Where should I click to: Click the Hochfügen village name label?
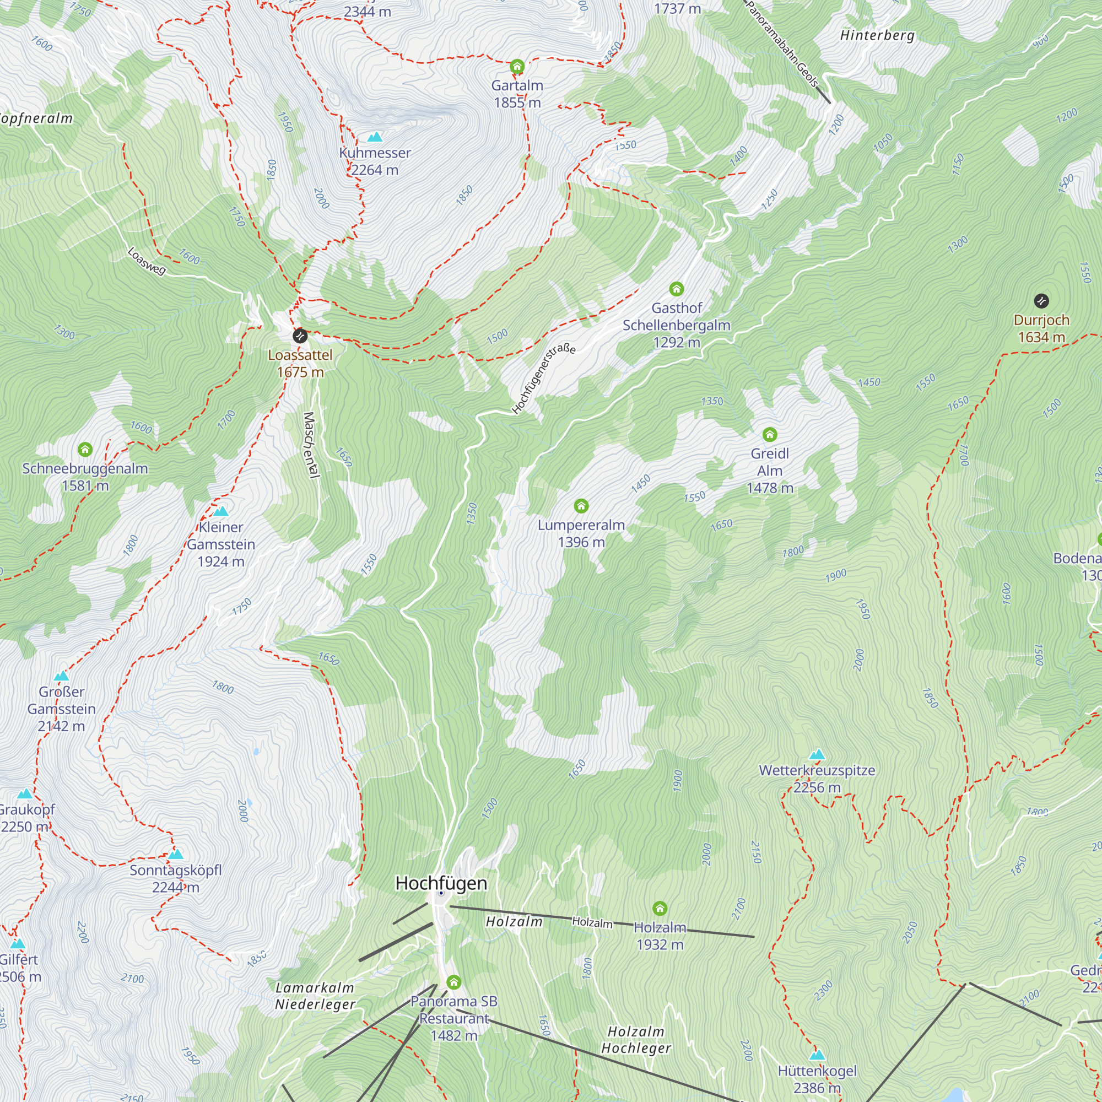point(441,884)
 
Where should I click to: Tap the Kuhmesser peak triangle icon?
point(375,137)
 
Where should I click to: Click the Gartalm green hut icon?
point(517,67)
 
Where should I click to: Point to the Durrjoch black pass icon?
point(1041,301)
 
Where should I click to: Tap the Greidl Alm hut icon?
point(769,435)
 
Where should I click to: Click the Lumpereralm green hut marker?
point(581,506)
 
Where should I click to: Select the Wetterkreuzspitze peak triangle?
point(817,755)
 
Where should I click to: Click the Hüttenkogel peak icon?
point(817,1055)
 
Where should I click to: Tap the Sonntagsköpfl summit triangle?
point(176,855)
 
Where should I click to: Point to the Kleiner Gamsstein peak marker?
point(221,511)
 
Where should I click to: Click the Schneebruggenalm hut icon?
point(85,450)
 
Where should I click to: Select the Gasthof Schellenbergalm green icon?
point(676,289)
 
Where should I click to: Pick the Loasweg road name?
point(146,261)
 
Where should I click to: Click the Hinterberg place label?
point(877,35)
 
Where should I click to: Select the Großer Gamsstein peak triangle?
point(61,677)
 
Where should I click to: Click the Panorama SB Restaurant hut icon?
point(453,982)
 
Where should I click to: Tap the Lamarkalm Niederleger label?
point(315,996)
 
